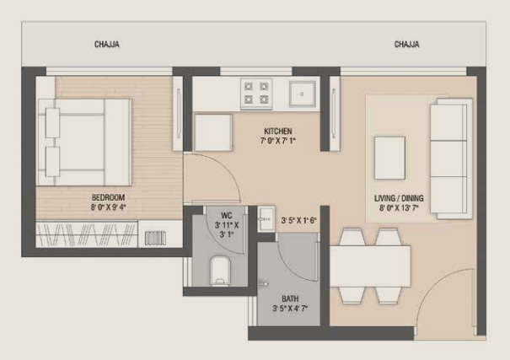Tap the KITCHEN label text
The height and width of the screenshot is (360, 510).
(277, 132)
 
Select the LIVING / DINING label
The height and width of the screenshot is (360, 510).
(402, 199)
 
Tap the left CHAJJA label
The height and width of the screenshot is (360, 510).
(106, 45)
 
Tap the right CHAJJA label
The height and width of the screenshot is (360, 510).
(406, 45)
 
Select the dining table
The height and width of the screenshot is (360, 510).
(369, 266)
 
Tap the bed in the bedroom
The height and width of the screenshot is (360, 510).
(85, 141)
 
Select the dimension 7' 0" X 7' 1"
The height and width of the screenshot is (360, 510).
(277, 141)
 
